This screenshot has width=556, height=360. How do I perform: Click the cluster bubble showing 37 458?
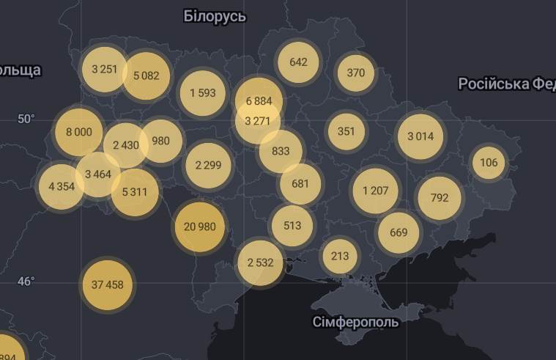tap(108, 284)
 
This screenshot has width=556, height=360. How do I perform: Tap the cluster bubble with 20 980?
tap(199, 227)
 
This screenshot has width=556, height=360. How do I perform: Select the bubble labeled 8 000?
tap(78, 132)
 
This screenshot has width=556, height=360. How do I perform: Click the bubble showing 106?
tap(489, 163)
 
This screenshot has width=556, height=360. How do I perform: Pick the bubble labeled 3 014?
tap(420, 136)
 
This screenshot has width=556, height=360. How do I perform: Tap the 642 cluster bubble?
tap(298, 62)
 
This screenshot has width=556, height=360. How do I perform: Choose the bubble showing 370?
tap(355, 73)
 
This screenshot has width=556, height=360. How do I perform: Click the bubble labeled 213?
tap(340, 256)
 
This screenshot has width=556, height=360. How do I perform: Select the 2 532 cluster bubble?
tap(260, 262)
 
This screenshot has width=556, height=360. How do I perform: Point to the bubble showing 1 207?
tap(375, 191)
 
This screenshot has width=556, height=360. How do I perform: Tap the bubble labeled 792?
tap(440, 197)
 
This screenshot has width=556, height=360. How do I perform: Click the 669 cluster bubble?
tap(399, 232)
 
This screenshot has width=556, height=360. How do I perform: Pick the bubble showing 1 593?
tap(202, 93)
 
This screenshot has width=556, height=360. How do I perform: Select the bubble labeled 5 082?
tap(146, 76)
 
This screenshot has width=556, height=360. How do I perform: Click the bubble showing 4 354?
tap(62, 186)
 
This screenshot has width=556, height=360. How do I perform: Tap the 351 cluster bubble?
tap(346, 132)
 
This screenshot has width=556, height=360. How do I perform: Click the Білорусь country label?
tap(215, 16)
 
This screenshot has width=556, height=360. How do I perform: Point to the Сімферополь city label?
tap(355, 322)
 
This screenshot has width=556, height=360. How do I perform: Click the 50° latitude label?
tap(26, 119)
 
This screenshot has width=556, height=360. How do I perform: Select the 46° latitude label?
tap(26, 282)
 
